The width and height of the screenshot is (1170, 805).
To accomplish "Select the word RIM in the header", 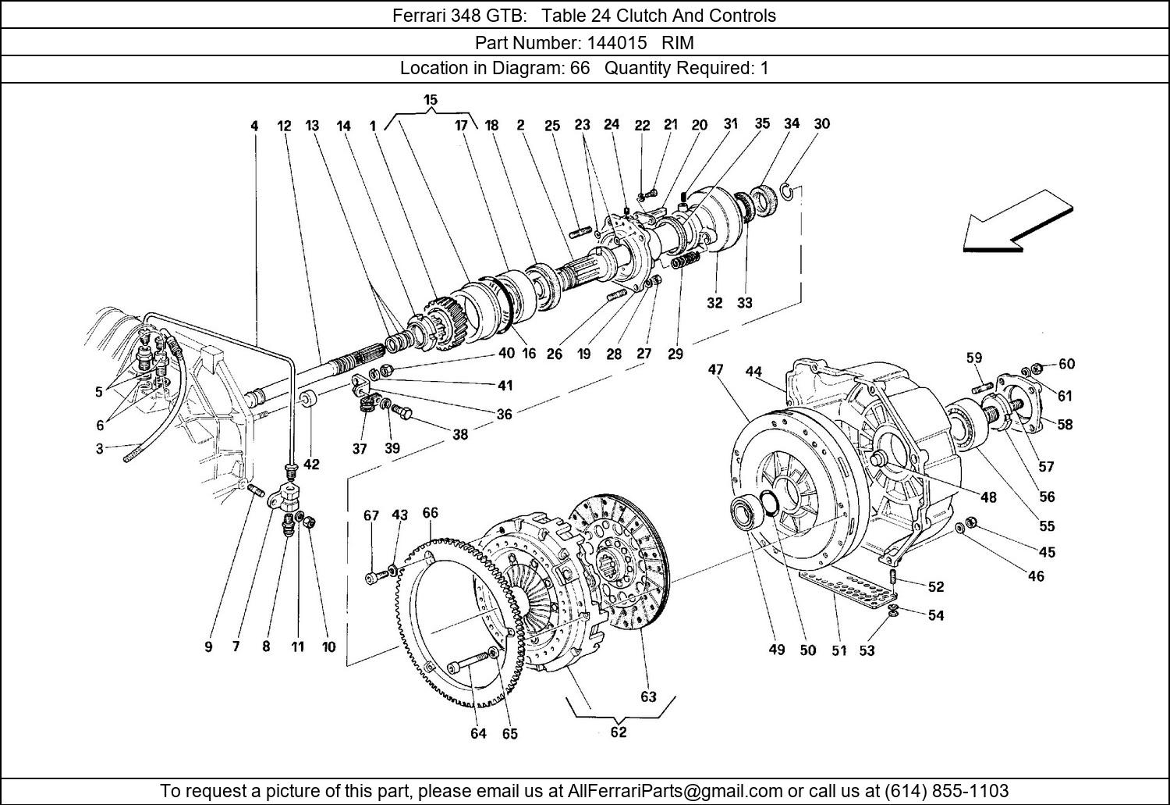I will click(678, 42).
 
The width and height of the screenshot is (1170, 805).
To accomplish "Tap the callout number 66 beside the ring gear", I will click(430, 513).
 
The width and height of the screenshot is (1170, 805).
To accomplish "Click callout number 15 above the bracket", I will click(431, 100).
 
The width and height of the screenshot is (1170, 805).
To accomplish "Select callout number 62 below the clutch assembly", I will click(618, 732).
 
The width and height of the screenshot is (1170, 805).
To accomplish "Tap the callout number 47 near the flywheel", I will click(715, 370).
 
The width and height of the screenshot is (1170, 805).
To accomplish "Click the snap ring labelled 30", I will click(789, 192).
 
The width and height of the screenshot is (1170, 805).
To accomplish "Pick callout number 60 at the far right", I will click(1066, 364).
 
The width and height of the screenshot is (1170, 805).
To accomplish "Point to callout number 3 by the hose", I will click(99, 449).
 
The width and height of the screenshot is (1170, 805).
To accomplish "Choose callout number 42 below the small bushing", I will click(311, 465).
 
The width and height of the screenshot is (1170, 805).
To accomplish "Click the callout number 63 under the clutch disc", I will click(648, 696).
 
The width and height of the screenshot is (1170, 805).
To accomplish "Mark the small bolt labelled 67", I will click(374, 578).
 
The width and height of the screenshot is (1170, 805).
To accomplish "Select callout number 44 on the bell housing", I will click(753, 372).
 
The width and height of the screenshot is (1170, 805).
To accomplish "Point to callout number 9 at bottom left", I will click(208, 646).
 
